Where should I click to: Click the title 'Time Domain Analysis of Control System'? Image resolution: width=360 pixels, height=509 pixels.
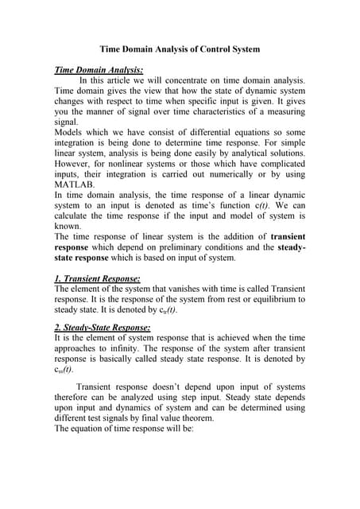(180, 49)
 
